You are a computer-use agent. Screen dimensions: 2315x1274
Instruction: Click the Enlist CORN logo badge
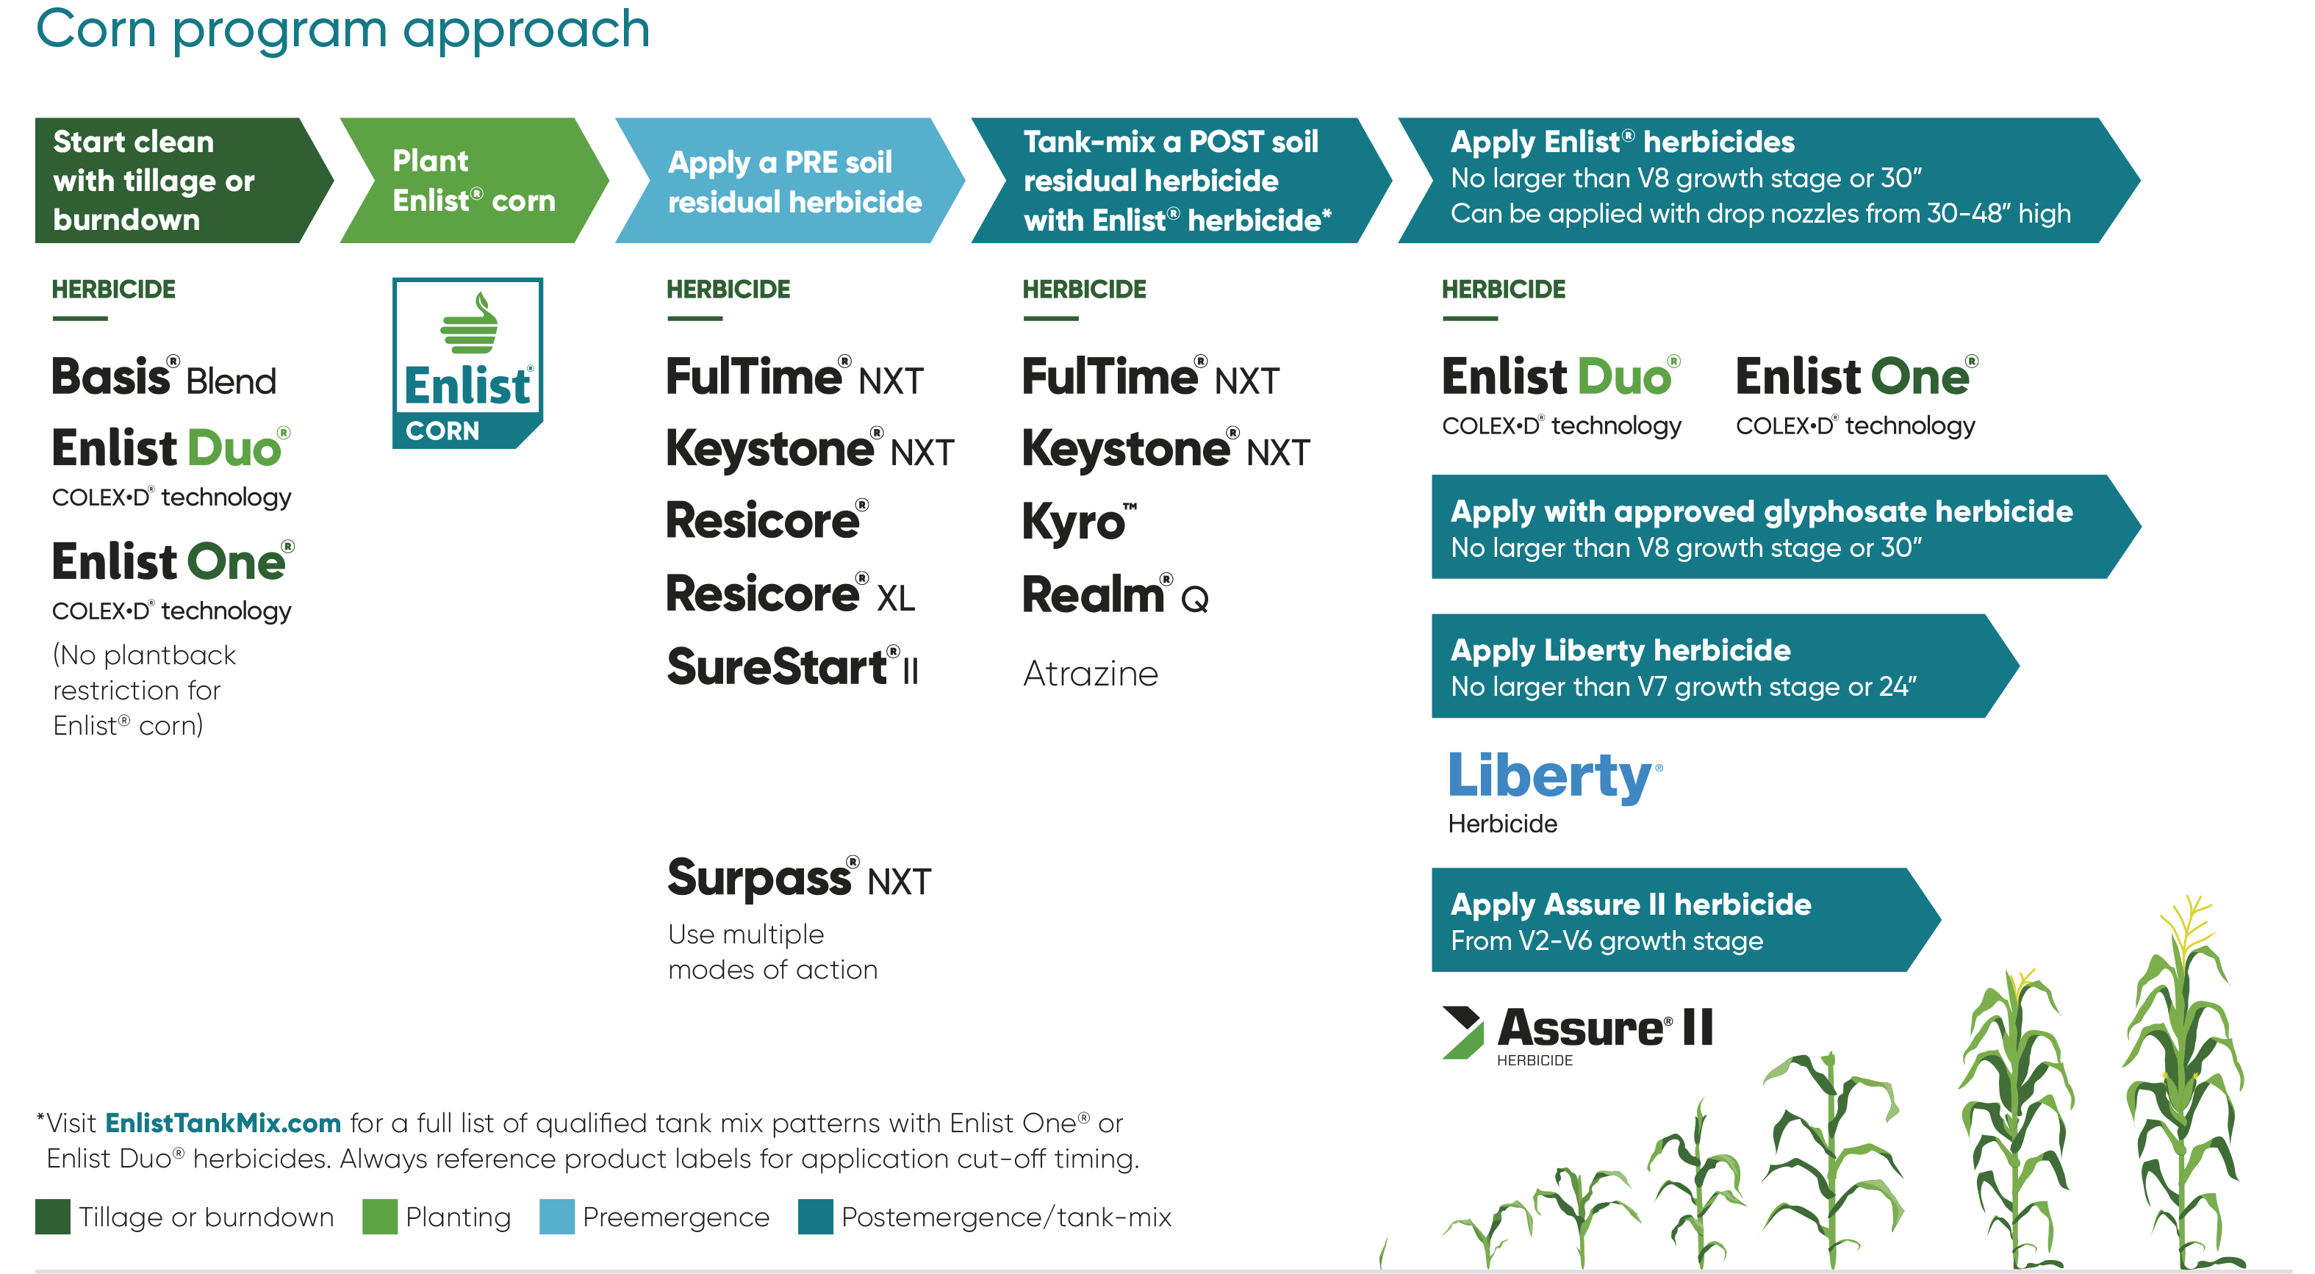point(467,363)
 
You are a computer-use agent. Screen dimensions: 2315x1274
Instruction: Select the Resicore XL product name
point(790,594)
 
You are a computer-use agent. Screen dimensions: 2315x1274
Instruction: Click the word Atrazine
point(1090,673)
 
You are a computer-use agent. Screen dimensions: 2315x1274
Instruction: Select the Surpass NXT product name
point(799,878)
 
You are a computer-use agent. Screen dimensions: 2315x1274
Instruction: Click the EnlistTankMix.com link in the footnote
point(223,1123)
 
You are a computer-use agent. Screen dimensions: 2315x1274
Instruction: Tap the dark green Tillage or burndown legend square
point(53,1217)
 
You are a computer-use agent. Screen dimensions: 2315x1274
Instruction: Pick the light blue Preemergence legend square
point(556,1217)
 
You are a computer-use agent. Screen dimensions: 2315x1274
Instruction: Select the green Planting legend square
point(380,1217)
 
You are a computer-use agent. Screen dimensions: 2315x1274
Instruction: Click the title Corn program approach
point(342,29)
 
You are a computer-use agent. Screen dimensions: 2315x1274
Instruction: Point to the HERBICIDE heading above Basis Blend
point(113,289)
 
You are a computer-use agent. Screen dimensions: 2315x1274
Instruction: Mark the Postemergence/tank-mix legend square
point(815,1217)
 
